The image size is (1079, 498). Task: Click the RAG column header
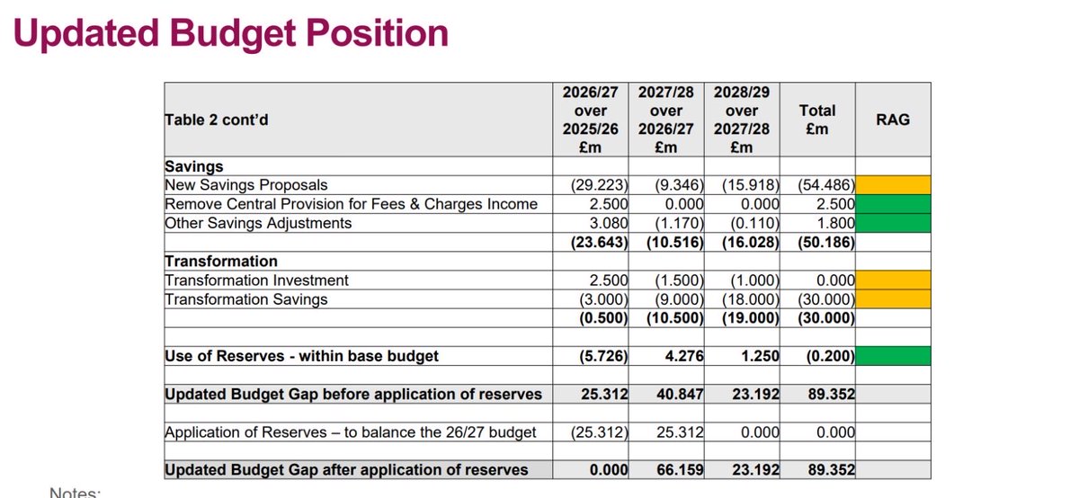tap(892, 119)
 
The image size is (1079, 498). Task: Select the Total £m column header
tap(816, 119)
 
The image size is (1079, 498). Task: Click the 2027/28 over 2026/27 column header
tap(666, 119)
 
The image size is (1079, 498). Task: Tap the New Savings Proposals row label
tap(246, 184)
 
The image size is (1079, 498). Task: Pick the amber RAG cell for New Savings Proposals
tap(892, 184)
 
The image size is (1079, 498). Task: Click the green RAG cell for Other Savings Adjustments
tap(892, 223)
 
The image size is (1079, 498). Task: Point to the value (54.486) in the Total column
tap(823, 184)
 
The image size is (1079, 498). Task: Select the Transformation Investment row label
tap(256, 280)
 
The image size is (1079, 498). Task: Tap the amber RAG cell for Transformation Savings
tap(892, 299)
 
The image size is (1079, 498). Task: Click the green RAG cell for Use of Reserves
tap(892, 356)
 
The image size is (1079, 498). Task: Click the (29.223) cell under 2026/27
tap(599, 184)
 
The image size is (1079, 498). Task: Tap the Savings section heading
tap(194, 166)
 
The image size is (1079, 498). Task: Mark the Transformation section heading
tap(220, 262)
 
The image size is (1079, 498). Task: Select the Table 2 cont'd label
tap(216, 120)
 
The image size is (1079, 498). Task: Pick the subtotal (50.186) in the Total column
tap(823, 242)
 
